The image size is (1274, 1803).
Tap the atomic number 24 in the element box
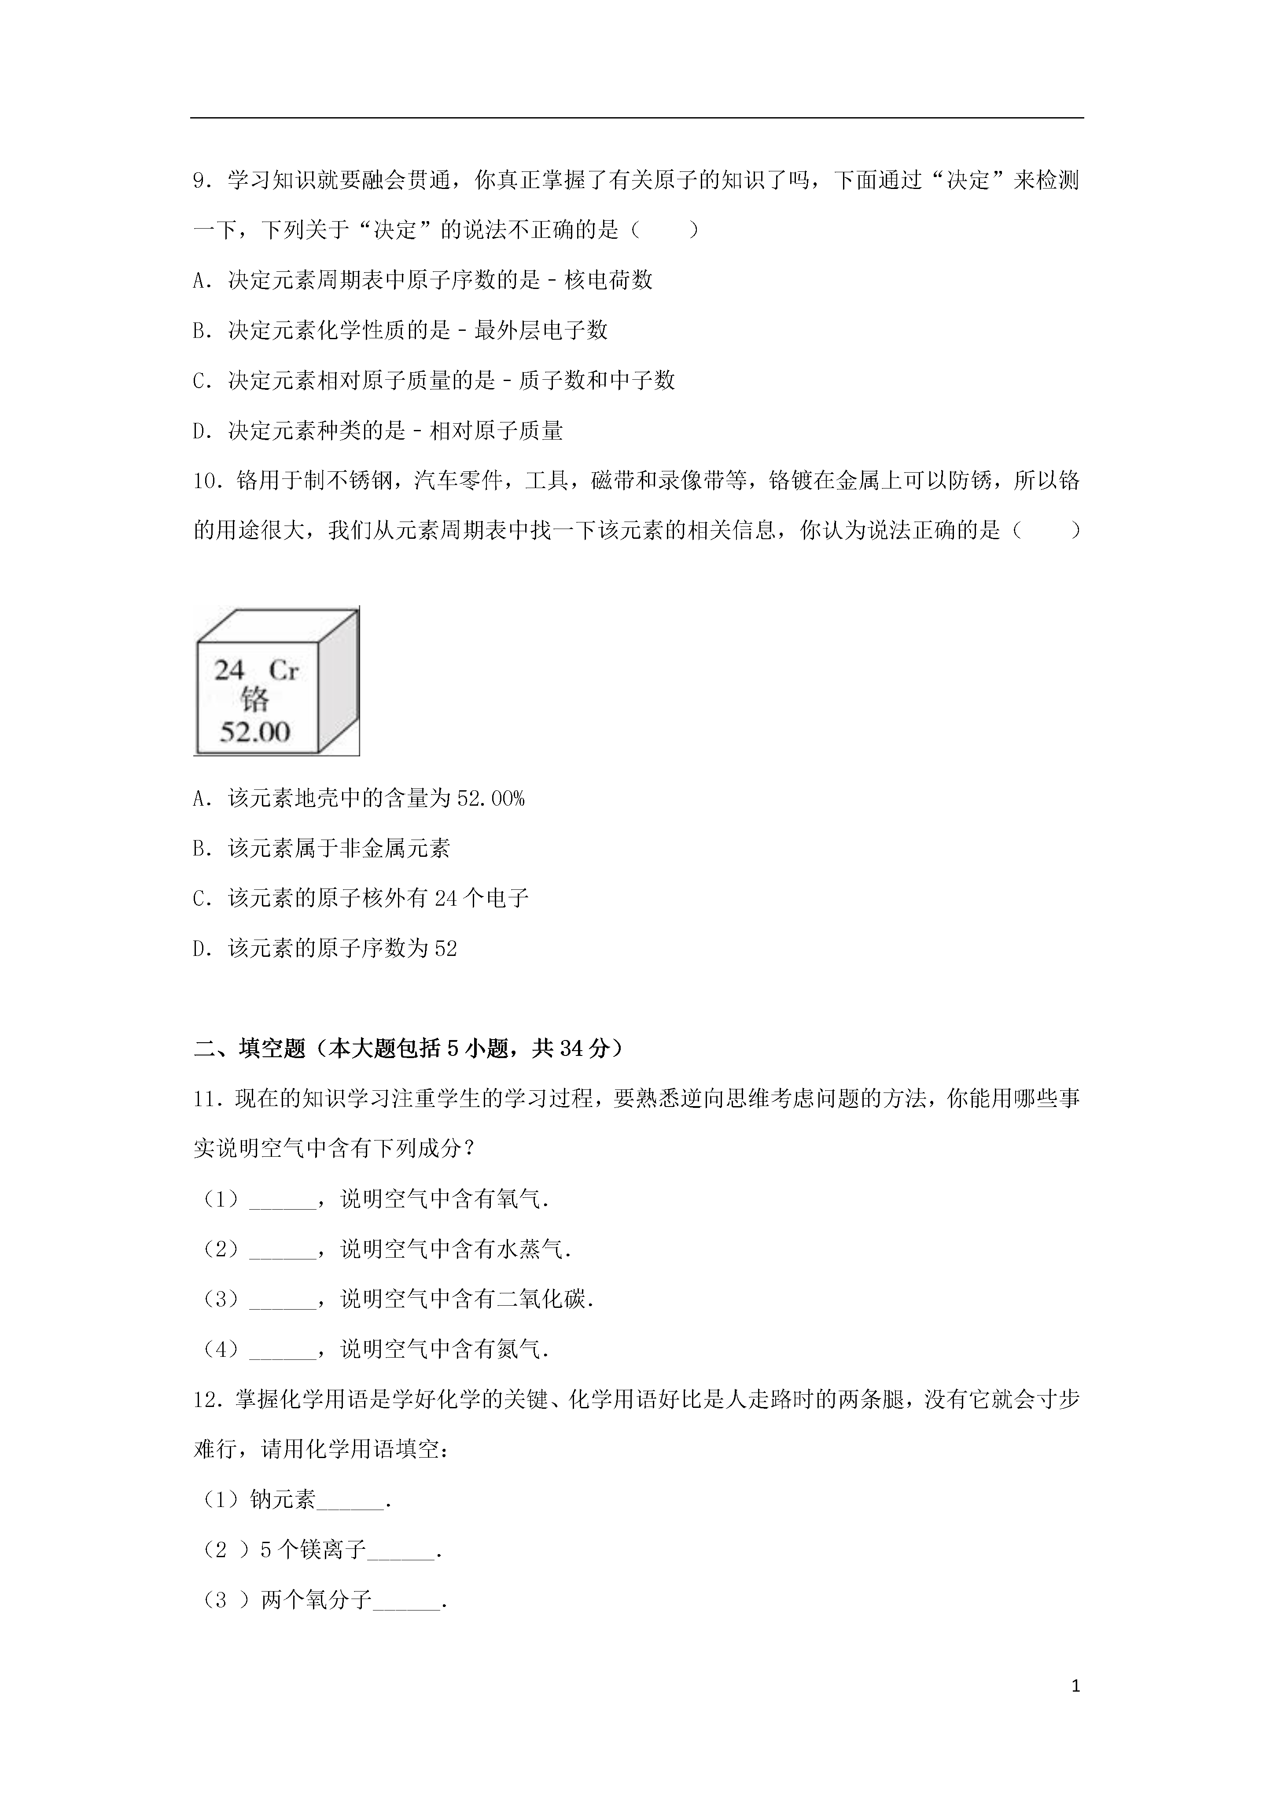(x=230, y=670)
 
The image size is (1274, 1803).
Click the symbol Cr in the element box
(x=284, y=670)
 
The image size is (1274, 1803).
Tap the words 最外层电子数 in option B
(x=541, y=331)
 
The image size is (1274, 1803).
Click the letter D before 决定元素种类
(x=199, y=431)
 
